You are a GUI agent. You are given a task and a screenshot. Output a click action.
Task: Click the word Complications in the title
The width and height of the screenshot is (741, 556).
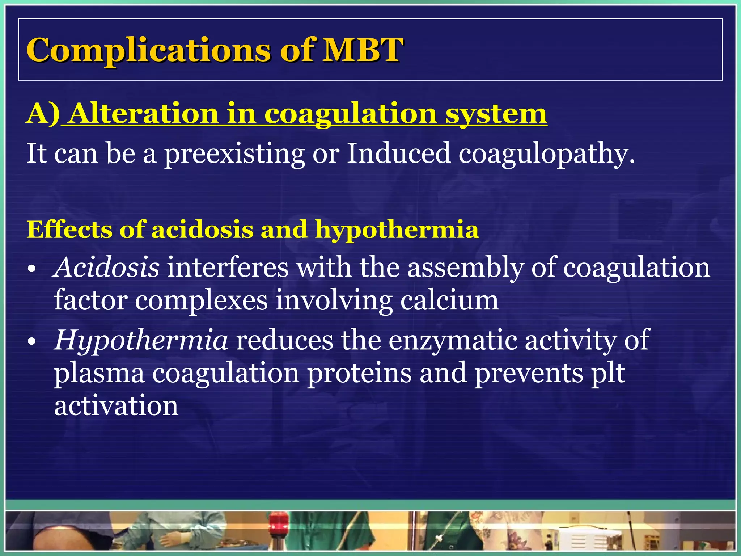pos(148,51)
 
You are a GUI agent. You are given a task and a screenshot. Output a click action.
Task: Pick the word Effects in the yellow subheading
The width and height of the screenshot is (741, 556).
pos(69,230)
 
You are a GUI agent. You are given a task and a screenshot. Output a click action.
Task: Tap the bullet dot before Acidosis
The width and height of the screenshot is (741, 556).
pos(32,269)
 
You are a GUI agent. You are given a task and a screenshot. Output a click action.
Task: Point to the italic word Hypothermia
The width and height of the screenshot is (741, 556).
pos(141,341)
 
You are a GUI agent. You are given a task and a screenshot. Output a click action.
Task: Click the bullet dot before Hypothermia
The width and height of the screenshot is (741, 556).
pos(32,342)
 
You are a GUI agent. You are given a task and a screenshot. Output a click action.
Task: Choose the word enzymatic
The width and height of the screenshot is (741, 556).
pos(452,341)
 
